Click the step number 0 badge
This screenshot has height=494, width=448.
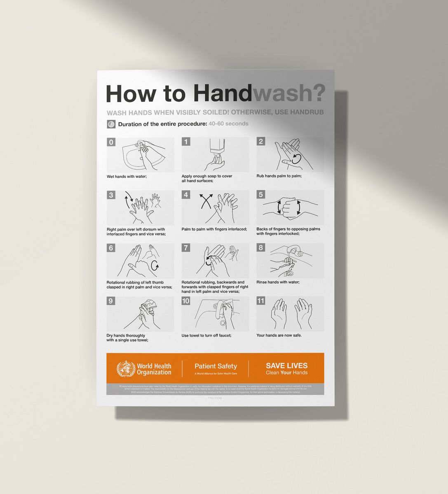tap(111, 142)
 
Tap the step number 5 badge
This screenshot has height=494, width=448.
tap(260, 195)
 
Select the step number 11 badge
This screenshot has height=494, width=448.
tap(260, 301)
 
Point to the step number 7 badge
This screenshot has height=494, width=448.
tap(186, 248)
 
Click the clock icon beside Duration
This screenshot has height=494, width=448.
tap(111, 124)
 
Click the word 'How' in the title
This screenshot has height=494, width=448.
tap(131, 93)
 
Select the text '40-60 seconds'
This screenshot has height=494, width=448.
tap(228, 123)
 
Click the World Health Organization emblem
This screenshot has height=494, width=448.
tap(126, 369)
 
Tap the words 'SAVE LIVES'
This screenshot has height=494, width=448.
tap(286, 366)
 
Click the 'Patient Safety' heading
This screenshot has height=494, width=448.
tap(216, 366)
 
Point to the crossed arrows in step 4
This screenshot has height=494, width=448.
tap(206, 201)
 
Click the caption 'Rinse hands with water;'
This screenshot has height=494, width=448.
tap(278, 282)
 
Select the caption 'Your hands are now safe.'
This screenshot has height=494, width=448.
tap(279, 335)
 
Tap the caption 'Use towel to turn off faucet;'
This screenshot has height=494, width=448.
tap(206, 336)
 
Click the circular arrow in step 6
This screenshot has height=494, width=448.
tap(155, 266)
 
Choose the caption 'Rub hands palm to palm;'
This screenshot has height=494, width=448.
tap(279, 176)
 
